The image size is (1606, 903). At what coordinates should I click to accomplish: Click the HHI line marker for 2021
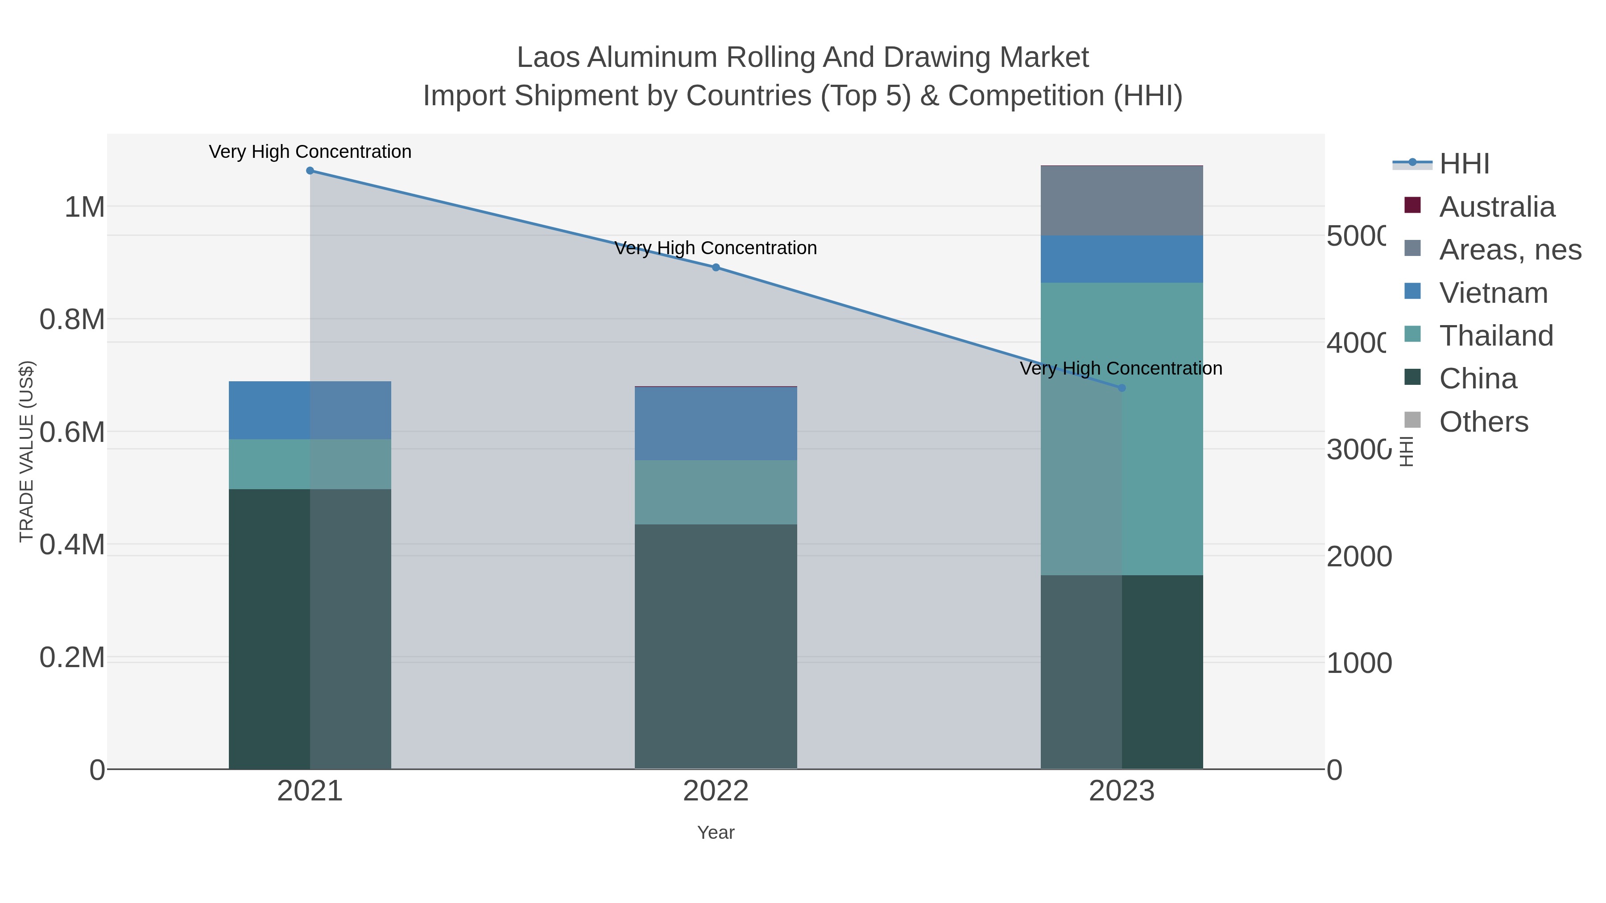click(x=310, y=171)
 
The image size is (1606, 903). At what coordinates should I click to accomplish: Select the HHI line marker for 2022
click(x=716, y=268)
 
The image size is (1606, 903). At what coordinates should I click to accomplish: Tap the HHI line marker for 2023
click(x=1122, y=388)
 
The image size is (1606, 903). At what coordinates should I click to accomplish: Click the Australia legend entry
click(x=1496, y=207)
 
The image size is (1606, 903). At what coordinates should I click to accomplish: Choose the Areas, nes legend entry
click(x=1509, y=250)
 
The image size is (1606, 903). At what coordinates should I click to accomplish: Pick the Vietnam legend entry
click(x=1493, y=293)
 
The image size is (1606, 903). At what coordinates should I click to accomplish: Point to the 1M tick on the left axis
click(x=85, y=207)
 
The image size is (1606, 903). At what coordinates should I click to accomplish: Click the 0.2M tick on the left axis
click(x=72, y=657)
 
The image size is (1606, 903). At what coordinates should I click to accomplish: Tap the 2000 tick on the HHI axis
click(x=1359, y=557)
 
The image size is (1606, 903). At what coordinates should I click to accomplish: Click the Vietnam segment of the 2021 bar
click(x=310, y=410)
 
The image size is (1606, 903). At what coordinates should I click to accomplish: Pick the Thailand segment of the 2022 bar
click(x=716, y=492)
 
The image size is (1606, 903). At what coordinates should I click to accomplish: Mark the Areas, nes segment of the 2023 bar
click(x=1122, y=201)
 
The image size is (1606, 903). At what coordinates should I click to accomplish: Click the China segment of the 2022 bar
click(x=716, y=646)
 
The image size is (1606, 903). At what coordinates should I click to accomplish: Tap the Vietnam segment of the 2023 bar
click(x=1122, y=259)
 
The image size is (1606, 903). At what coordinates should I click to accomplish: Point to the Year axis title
click(x=716, y=833)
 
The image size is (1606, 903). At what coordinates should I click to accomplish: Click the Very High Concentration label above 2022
click(x=716, y=248)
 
